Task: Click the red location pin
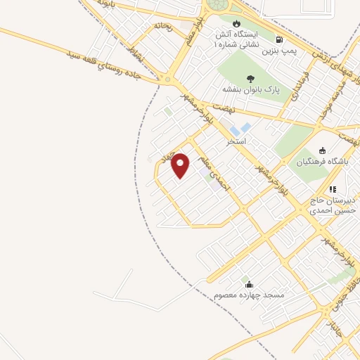(x=181, y=166)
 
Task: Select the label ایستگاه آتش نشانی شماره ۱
(x=236, y=39)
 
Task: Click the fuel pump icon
(x=280, y=40)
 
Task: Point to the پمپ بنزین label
(x=277, y=51)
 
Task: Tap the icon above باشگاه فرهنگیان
(x=322, y=150)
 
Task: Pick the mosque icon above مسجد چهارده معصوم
(x=249, y=285)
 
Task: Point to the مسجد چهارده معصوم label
(x=249, y=296)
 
